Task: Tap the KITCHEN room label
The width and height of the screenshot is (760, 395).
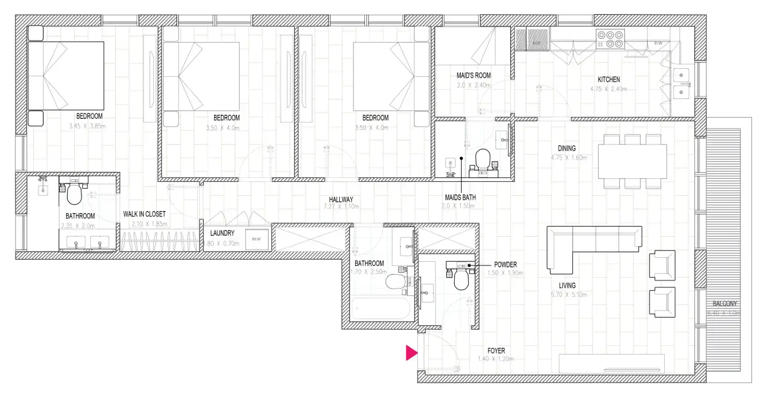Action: coord(609,79)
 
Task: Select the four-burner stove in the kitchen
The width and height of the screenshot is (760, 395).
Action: coord(610,39)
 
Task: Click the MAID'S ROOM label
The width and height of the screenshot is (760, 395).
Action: coord(474,75)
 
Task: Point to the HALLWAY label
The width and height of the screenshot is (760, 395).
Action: coord(341,199)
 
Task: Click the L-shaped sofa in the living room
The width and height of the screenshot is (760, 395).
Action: coord(589,246)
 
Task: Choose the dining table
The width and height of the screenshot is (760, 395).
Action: coord(632,161)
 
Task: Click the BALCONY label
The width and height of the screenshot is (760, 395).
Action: coord(723,304)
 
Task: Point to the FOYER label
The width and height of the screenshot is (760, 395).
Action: coord(496,351)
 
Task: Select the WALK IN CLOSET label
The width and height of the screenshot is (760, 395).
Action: coord(145,214)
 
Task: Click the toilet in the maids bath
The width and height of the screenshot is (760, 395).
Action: coord(483,159)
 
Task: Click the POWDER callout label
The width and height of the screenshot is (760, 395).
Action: coord(505,264)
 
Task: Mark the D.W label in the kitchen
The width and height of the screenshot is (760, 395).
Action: coord(658,44)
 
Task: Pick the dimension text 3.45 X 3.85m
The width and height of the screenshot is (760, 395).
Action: coord(88,126)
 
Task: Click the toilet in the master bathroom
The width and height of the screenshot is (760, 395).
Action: coord(74,194)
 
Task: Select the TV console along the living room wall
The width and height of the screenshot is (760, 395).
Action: coord(611,363)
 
